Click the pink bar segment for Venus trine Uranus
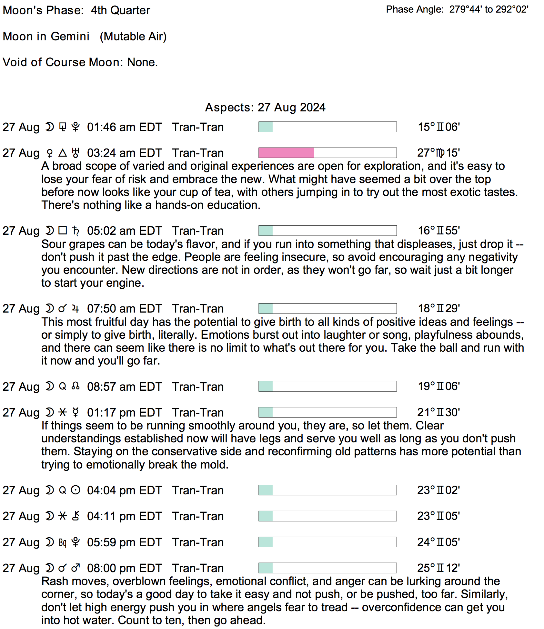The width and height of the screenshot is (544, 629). (x=286, y=153)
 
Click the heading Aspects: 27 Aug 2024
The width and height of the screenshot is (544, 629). (x=265, y=108)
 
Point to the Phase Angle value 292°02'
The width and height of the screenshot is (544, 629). (x=512, y=9)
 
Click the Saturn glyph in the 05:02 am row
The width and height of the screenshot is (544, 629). (x=76, y=231)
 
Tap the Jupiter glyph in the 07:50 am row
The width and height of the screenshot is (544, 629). (x=76, y=309)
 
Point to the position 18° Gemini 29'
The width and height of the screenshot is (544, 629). (x=438, y=308)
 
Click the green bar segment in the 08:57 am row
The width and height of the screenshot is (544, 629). (x=266, y=387)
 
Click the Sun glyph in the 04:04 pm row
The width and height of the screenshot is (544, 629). (x=76, y=490)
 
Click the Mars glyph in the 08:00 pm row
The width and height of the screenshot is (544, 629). (x=76, y=568)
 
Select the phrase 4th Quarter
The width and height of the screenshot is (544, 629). (x=120, y=10)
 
